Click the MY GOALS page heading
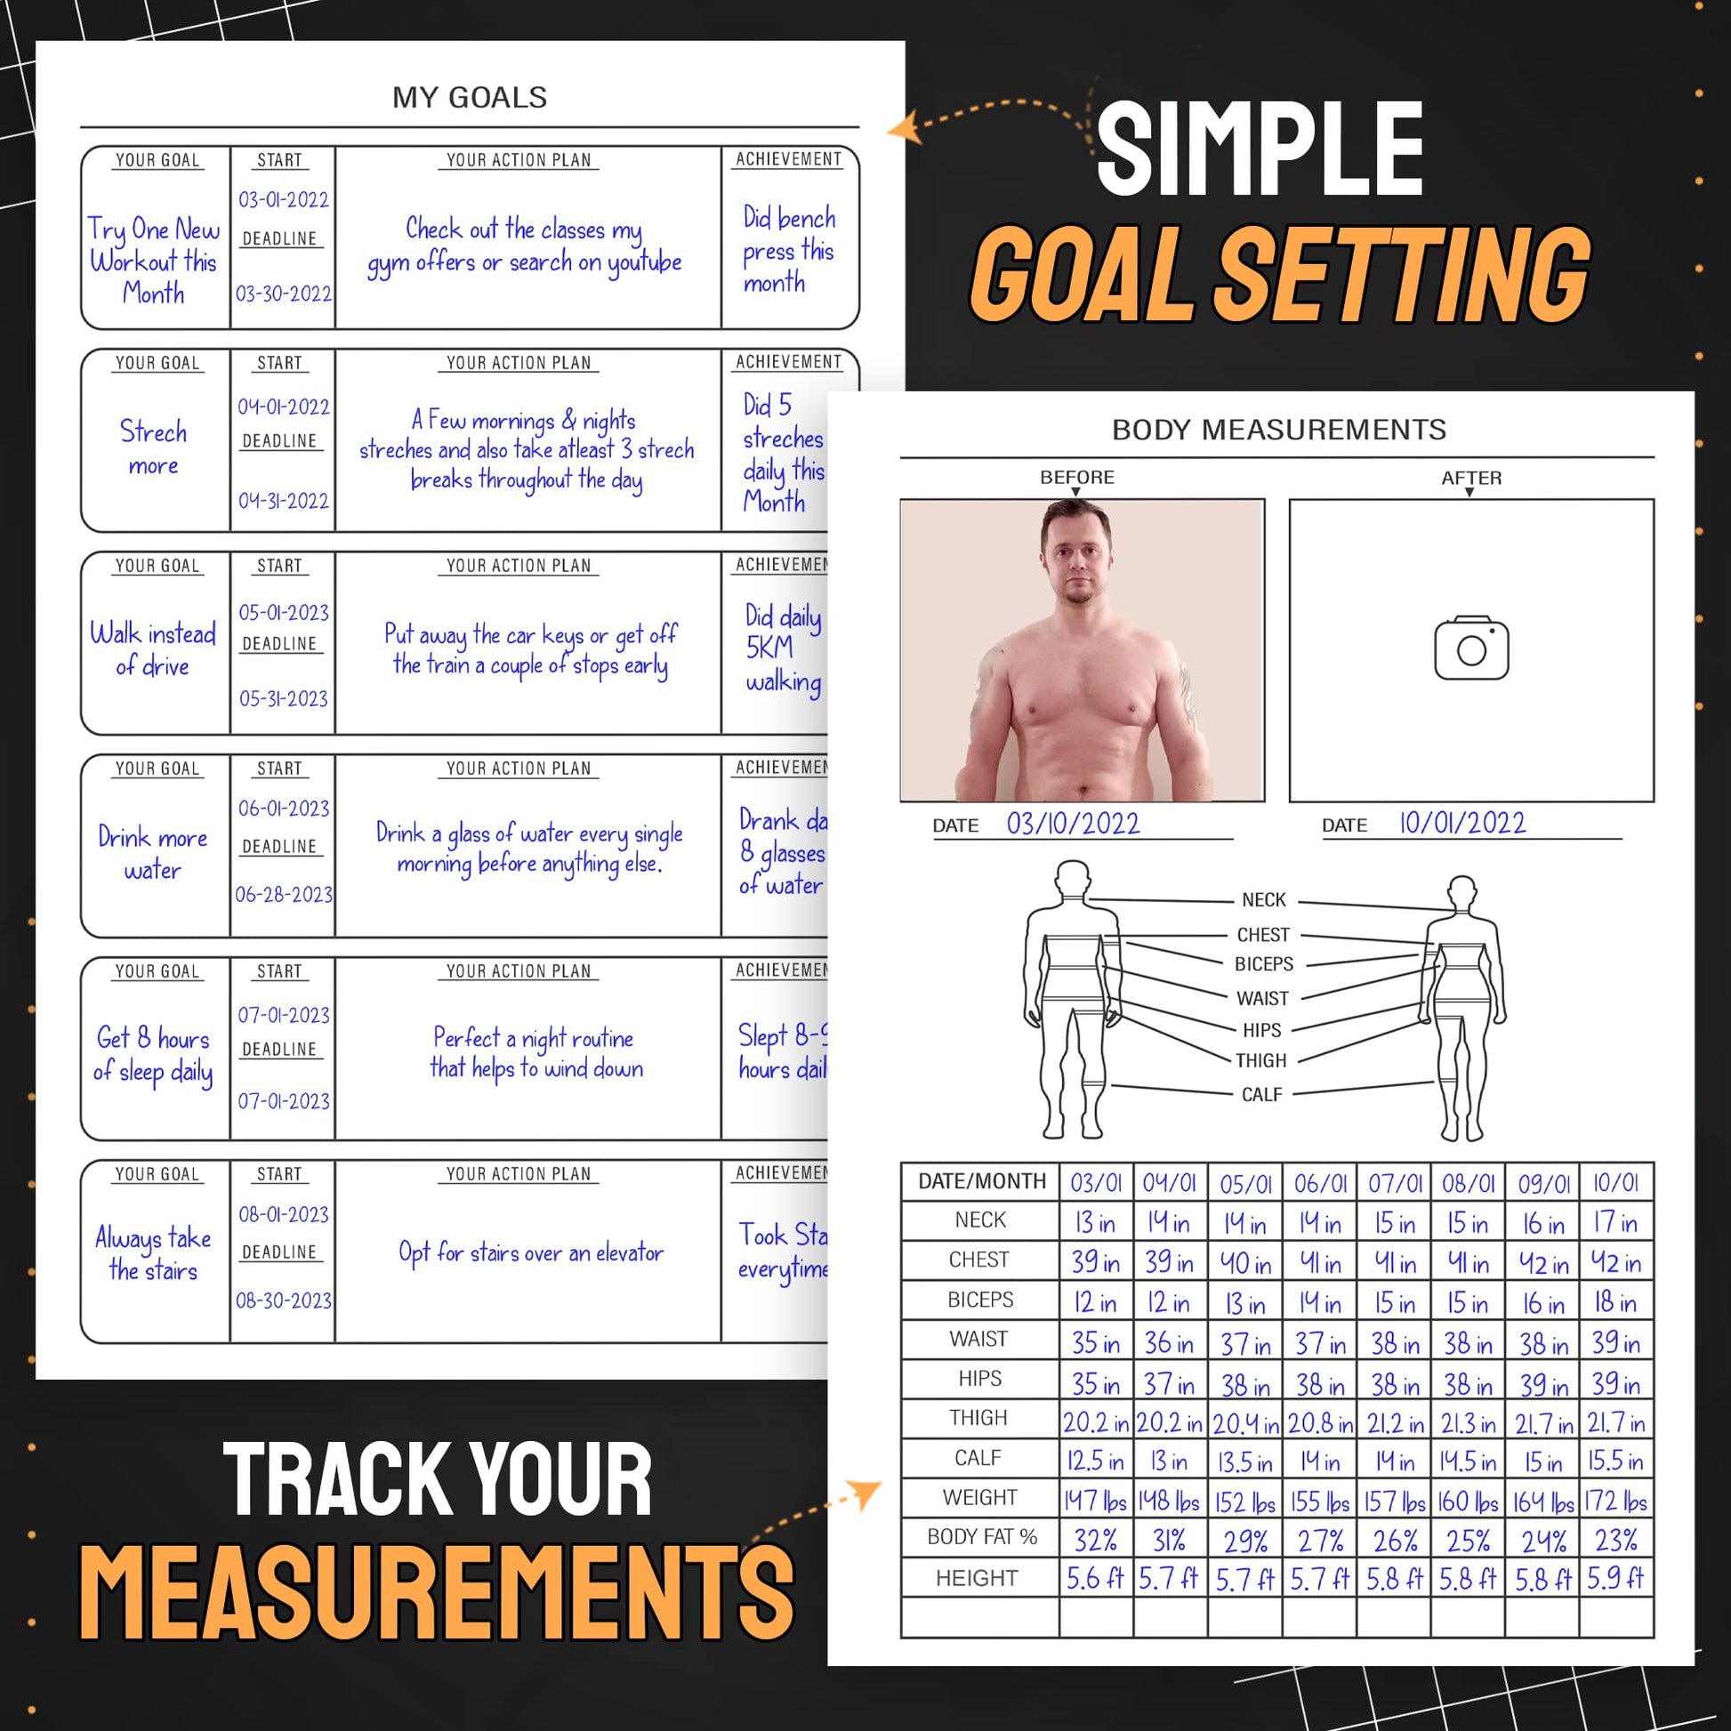470,97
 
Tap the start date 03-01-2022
283,200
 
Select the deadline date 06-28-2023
283,894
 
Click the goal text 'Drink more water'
152,853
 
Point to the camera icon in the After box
1471,648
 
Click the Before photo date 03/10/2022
1073,824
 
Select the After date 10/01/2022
1462,823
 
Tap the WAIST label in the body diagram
1261,998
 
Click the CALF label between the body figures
1261,1094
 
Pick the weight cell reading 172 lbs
1615,1501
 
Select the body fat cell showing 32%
1095,1540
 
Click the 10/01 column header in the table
1615,1183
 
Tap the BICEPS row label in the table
980,1300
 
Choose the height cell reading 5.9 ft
1615,1578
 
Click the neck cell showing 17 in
1615,1222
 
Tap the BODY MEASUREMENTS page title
1278,430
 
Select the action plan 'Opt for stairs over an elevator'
530,1252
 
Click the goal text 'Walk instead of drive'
152,649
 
